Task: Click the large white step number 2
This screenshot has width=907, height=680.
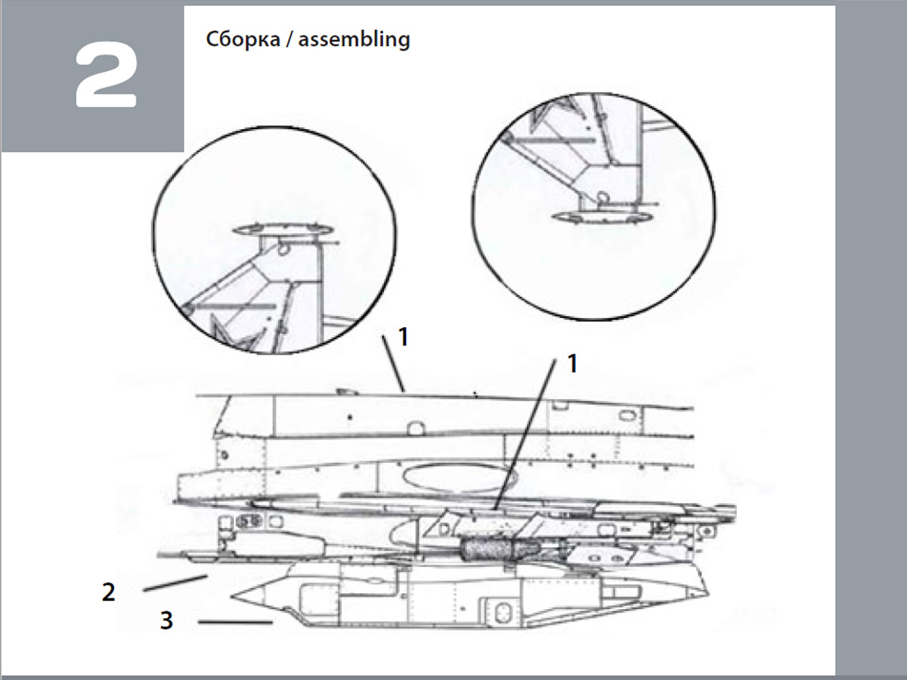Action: pos(107,75)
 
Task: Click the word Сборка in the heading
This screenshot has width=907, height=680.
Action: pos(243,39)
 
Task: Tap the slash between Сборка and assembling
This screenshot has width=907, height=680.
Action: pos(289,40)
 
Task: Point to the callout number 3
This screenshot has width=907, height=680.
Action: pos(166,620)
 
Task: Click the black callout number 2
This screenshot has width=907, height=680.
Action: pos(108,592)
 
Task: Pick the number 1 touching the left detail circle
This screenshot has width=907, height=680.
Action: pos(404,337)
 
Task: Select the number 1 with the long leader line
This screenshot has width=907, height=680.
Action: pos(572,363)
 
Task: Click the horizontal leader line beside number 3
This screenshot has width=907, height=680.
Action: pos(236,622)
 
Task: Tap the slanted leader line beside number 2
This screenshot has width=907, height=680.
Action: pos(175,583)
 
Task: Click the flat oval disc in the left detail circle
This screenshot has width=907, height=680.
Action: pos(283,230)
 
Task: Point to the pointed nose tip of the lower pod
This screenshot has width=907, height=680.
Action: pos(231,596)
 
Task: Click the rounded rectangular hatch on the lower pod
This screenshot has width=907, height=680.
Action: pos(502,613)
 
